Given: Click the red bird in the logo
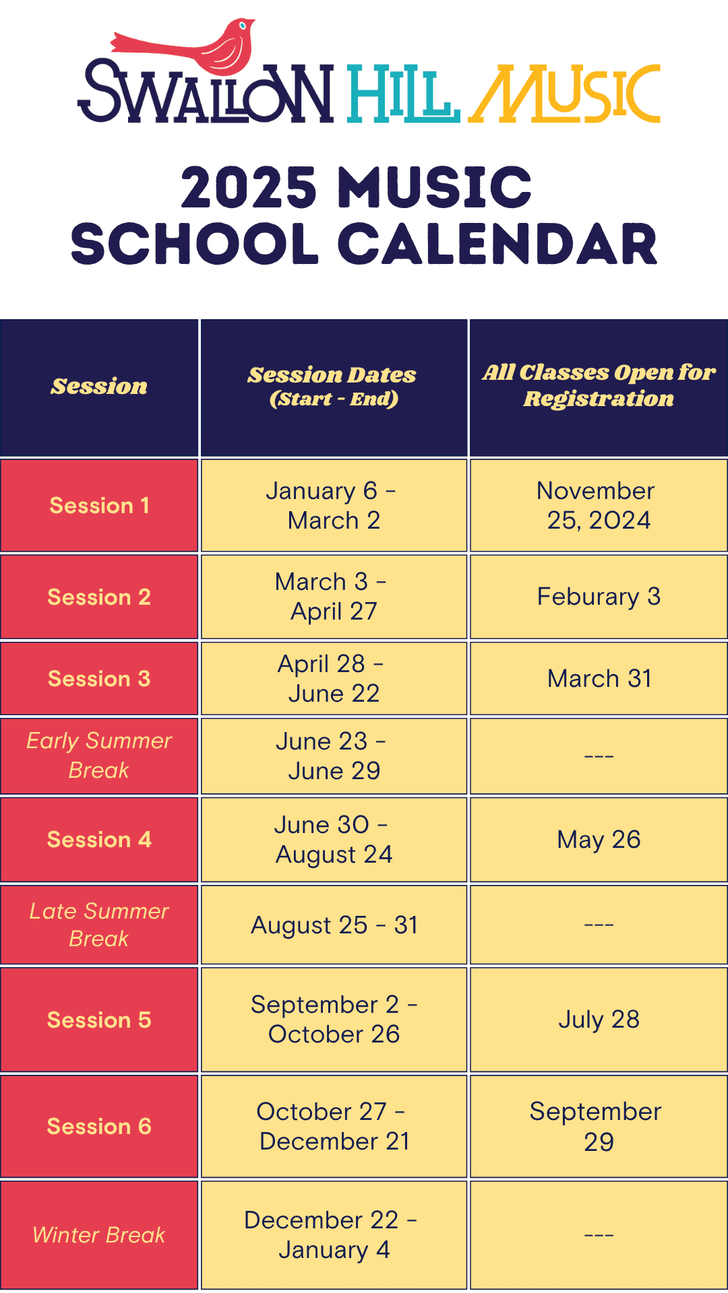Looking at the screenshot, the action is (x=202, y=51).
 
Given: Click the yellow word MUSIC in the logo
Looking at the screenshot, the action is (x=565, y=94).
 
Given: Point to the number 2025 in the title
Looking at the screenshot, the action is (x=249, y=187).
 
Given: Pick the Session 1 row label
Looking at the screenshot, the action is (x=99, y=506).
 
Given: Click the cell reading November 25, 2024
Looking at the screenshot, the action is (x=599, y=506).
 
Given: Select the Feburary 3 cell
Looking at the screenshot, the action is (x=599, y=597).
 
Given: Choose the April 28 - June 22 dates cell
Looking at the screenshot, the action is (x=334, y=678).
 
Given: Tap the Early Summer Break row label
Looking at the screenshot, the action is (x=99, y=756).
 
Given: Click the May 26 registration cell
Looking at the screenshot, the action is (x=599, y=840).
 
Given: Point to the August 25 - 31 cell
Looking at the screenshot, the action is (x=334, y=925).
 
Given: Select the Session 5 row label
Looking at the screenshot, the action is (x=99, y=1020).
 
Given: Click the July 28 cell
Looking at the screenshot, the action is (x=599, y=1020).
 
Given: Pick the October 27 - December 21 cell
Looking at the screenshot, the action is (x=334, y=1126).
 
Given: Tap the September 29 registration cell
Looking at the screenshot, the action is (x=599, y=1126).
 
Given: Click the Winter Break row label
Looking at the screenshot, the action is (x=99, y=1234).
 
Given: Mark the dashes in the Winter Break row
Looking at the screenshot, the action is (x=599, y=1234).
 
